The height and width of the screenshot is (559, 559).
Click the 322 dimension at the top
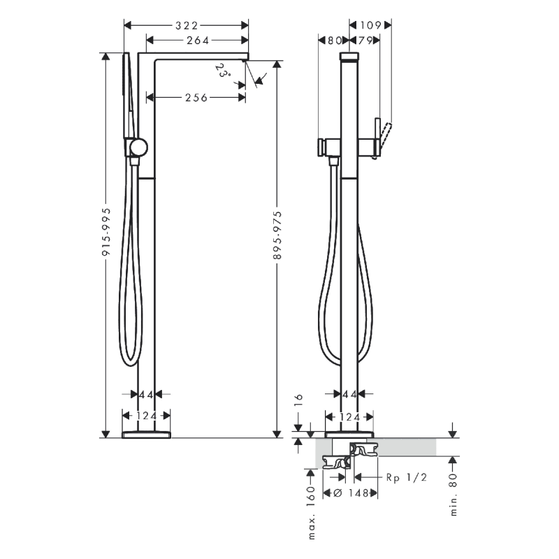click(x=186, y=26)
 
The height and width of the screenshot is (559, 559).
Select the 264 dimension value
click(x=198, y=41)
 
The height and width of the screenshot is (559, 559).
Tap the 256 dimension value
click(x=196, y=98)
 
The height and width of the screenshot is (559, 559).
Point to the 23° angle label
click(x=222, y=71)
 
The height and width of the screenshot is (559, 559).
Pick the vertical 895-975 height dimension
click(x=277, y=235)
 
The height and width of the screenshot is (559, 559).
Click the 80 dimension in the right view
click(x=334, y=41)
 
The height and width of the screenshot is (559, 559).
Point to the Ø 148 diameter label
click(x=347, y=493)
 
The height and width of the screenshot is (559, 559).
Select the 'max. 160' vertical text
click(x=311, y=514)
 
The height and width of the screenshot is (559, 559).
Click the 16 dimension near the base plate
click(x=297, y=400)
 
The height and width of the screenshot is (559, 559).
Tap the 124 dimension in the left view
click(x=146, y=416)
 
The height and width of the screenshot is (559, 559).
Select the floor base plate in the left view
click(x=146, y=435)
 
